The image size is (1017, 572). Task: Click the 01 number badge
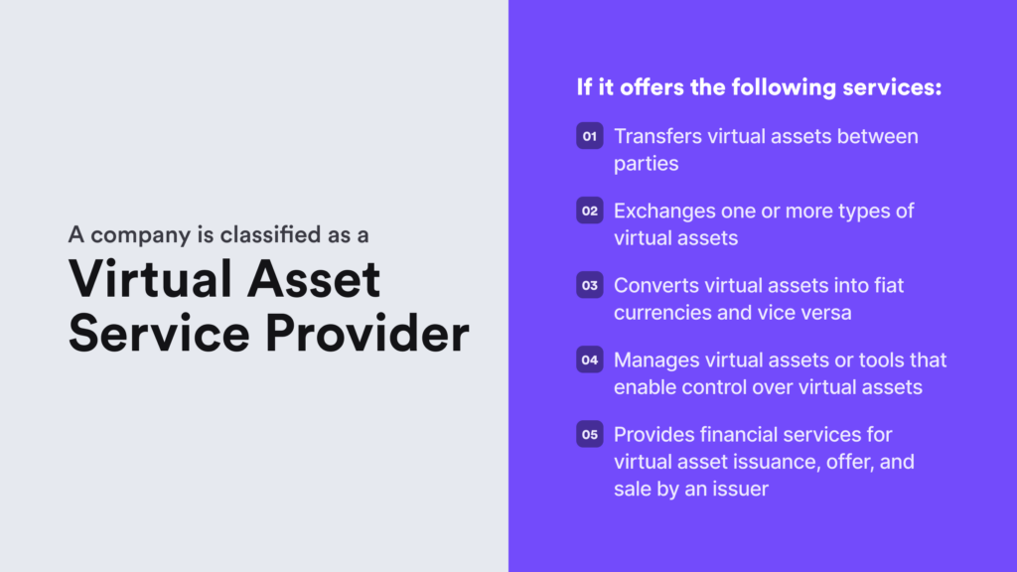click(x=590, y=137)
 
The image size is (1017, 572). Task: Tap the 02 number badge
click(x=590, y=211)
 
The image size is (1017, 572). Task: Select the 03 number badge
click(x=590, y=286)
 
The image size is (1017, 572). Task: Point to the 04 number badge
click(x=590, y=360)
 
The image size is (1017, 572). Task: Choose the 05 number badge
click(x=590, y=435)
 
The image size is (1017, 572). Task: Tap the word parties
click(x=646, y=164)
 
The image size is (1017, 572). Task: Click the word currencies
click(x=660, y=313)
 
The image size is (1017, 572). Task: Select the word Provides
click(x=654, y=434)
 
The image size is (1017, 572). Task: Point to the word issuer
click(x=740, y=490)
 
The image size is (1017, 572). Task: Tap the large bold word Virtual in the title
click(x=150, y=278)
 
